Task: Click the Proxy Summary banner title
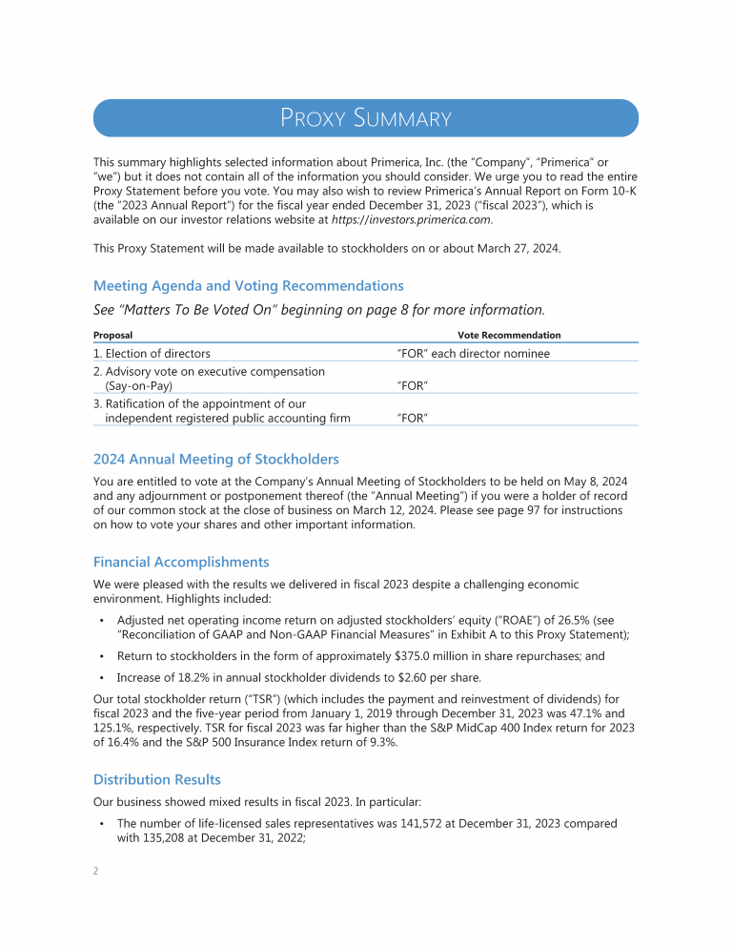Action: (x=365, y=119)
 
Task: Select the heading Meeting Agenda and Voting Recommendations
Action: (x=248, y=286)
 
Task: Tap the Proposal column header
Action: (x=112, y=336)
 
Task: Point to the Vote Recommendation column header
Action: (x=509, y=336)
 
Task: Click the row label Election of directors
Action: (x=152, y=354)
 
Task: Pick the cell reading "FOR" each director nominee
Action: (x=473, y=354)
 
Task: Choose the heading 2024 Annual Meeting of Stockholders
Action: (x=215, y=460)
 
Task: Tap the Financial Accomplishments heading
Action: (x=181, y=562)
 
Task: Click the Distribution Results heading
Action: (x=157, y=779)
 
